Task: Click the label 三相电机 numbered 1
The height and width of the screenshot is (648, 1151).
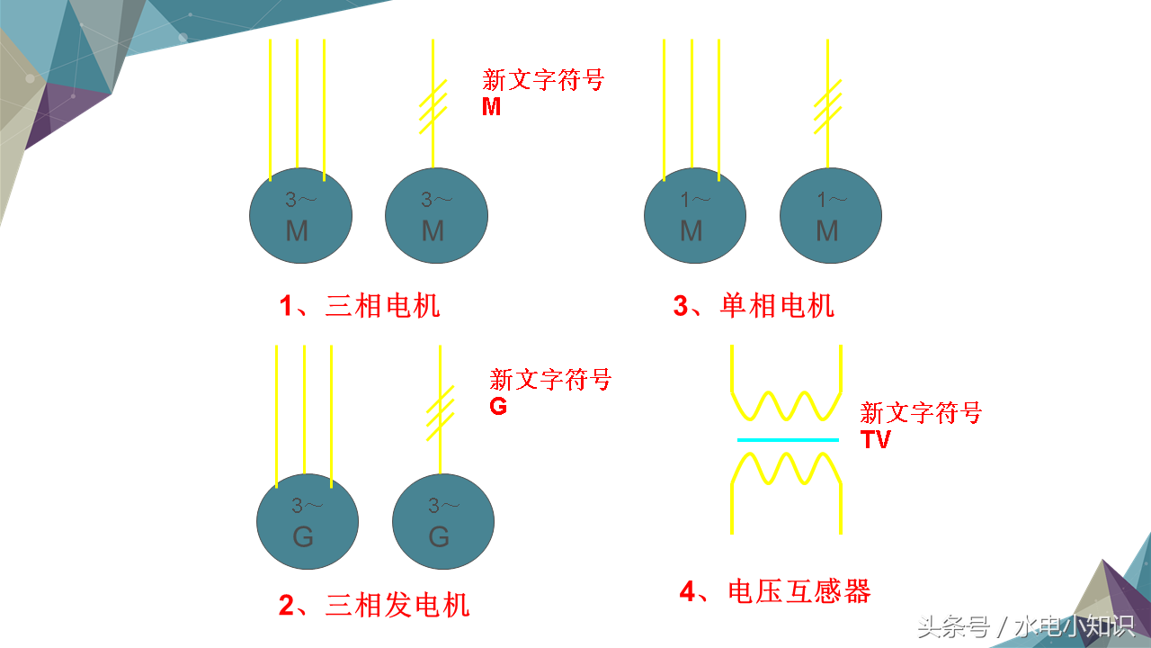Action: [x=360, y=306]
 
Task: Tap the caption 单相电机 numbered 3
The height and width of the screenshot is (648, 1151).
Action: [x=754, y=306]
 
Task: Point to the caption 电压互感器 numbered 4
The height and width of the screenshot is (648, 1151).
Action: [x=775, y=591]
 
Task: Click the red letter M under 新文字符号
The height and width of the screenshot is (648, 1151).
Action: [x=492, y=107]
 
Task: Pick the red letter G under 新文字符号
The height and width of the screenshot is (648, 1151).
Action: [x=498, y=407]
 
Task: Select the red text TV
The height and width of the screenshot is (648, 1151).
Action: [x=875, y=440]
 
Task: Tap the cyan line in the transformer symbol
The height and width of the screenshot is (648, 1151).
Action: [x=788, y=440]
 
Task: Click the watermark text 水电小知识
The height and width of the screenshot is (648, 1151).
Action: [x=1074, y=625]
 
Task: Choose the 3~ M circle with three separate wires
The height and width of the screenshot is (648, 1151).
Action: [x=300, y=216]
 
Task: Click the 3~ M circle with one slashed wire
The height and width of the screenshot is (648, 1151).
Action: [x=436, y=216]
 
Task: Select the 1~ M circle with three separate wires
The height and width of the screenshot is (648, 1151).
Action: [x=694, y=216]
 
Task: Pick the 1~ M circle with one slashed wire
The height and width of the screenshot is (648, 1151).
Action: [x=830, y=216]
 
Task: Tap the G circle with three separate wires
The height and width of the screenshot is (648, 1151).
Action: [x=308, y=522]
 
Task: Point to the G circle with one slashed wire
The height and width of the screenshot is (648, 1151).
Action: [x=443, y=522]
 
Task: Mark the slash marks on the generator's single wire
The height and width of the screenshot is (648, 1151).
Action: [x=440, y=410]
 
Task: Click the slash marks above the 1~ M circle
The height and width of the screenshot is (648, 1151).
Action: [x=828, y=106]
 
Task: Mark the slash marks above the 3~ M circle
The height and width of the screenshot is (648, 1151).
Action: [x=433, y=106]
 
